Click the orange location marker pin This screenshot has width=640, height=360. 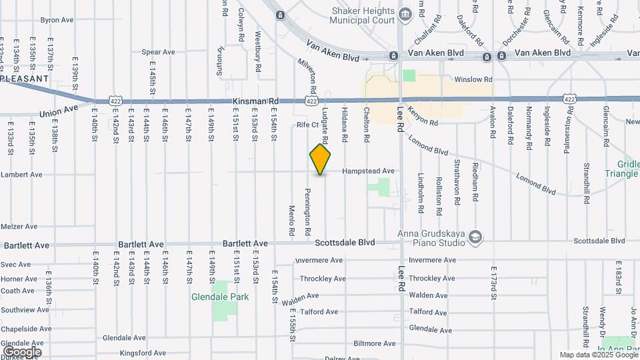pyautogui.click(x=321, y=159)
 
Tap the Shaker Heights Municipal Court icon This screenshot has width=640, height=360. pyautogui.click(x=405, y=14)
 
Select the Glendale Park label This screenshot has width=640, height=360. pyautogui.click(x=220, y=297)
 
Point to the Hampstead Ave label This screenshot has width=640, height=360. pyautogui.click(x=368, y=171)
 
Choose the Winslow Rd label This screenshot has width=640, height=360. pyautogui.click(x=473, y=79)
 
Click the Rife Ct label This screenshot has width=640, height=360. pyautogui.click(x=308, y=125)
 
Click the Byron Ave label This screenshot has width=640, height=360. pyautogui.click(x=57, y=20)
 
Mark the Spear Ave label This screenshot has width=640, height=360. pyautogui.click(x=158, y=52)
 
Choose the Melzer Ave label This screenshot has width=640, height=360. pyautogui.click(x=19, y=227)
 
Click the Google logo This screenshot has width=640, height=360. pyautogui.click(x=22, y=351)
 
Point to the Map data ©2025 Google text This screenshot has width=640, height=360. pyautogui.click(x=598, y=355)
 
